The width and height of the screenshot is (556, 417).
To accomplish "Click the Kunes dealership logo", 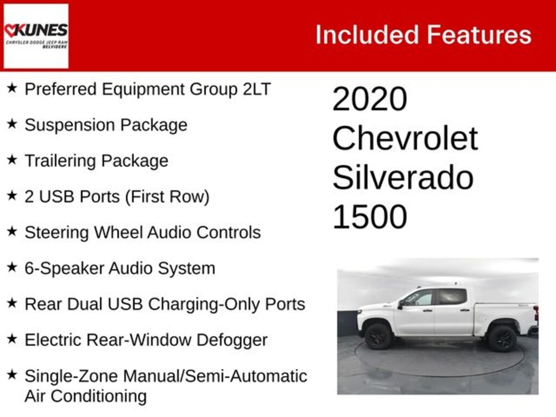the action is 36,36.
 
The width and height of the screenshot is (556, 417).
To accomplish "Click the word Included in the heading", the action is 368,35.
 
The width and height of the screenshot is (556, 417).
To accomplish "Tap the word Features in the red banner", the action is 479,35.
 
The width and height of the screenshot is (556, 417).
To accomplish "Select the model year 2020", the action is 370,99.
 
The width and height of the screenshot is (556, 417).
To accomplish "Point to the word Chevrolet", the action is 405,138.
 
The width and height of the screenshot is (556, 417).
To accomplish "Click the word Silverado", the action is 403,178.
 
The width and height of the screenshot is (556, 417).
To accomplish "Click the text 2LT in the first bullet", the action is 257,89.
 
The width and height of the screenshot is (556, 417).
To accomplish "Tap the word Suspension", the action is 70,125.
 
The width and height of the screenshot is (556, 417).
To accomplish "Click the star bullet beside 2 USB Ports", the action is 12,195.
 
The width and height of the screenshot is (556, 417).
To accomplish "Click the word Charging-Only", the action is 204,305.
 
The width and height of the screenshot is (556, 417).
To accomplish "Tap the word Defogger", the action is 232,340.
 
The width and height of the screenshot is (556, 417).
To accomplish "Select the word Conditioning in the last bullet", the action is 99,396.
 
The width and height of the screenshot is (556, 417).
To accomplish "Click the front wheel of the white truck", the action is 378,336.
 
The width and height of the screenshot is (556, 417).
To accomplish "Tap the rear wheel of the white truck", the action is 502,338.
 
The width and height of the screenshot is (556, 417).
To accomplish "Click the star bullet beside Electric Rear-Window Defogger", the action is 12,339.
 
